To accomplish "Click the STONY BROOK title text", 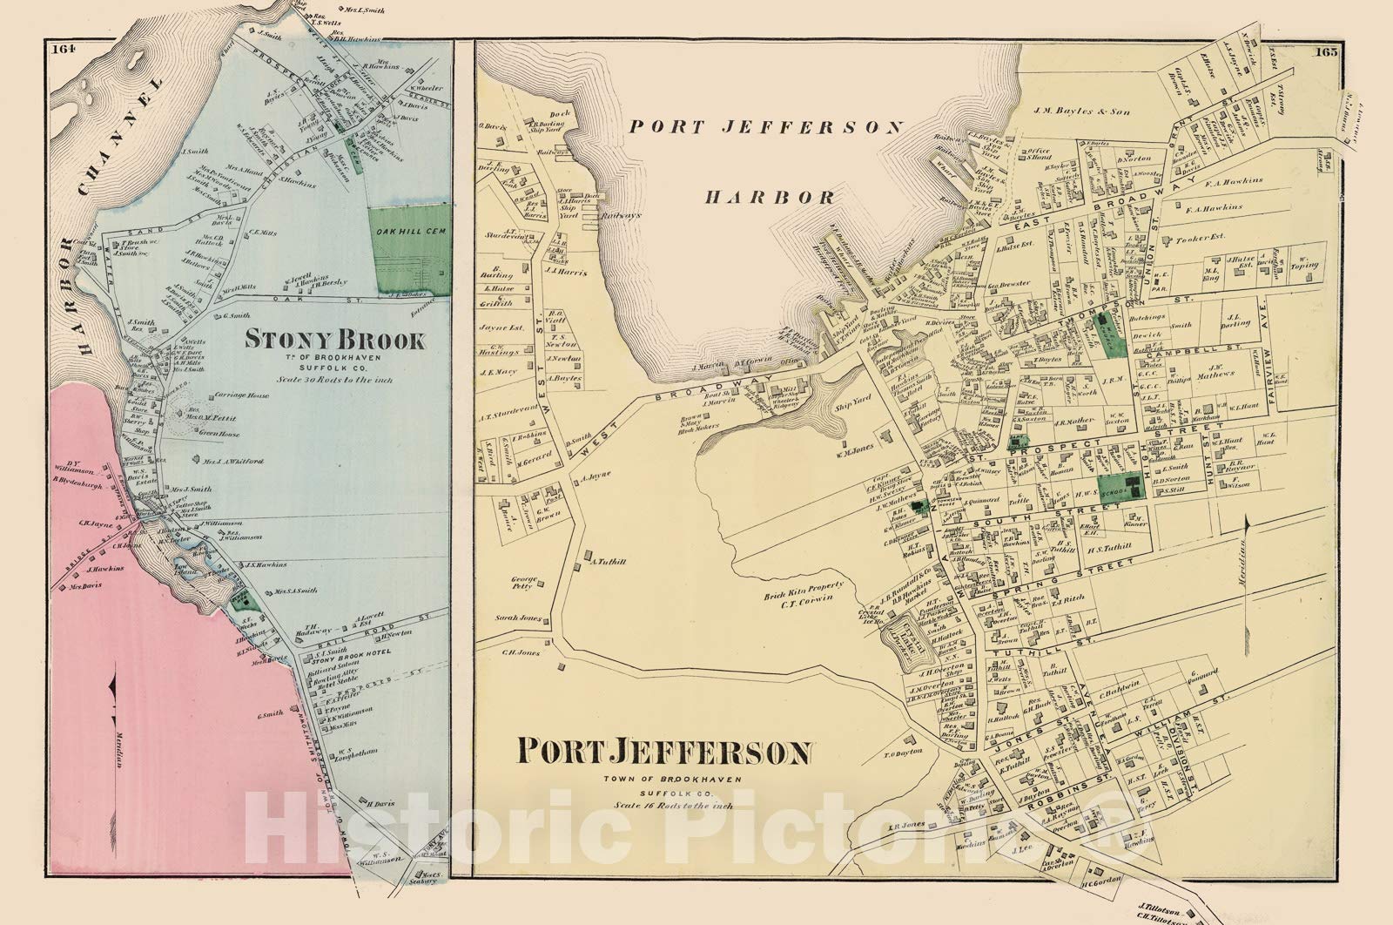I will (334, 340).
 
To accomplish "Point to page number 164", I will (63, 49).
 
